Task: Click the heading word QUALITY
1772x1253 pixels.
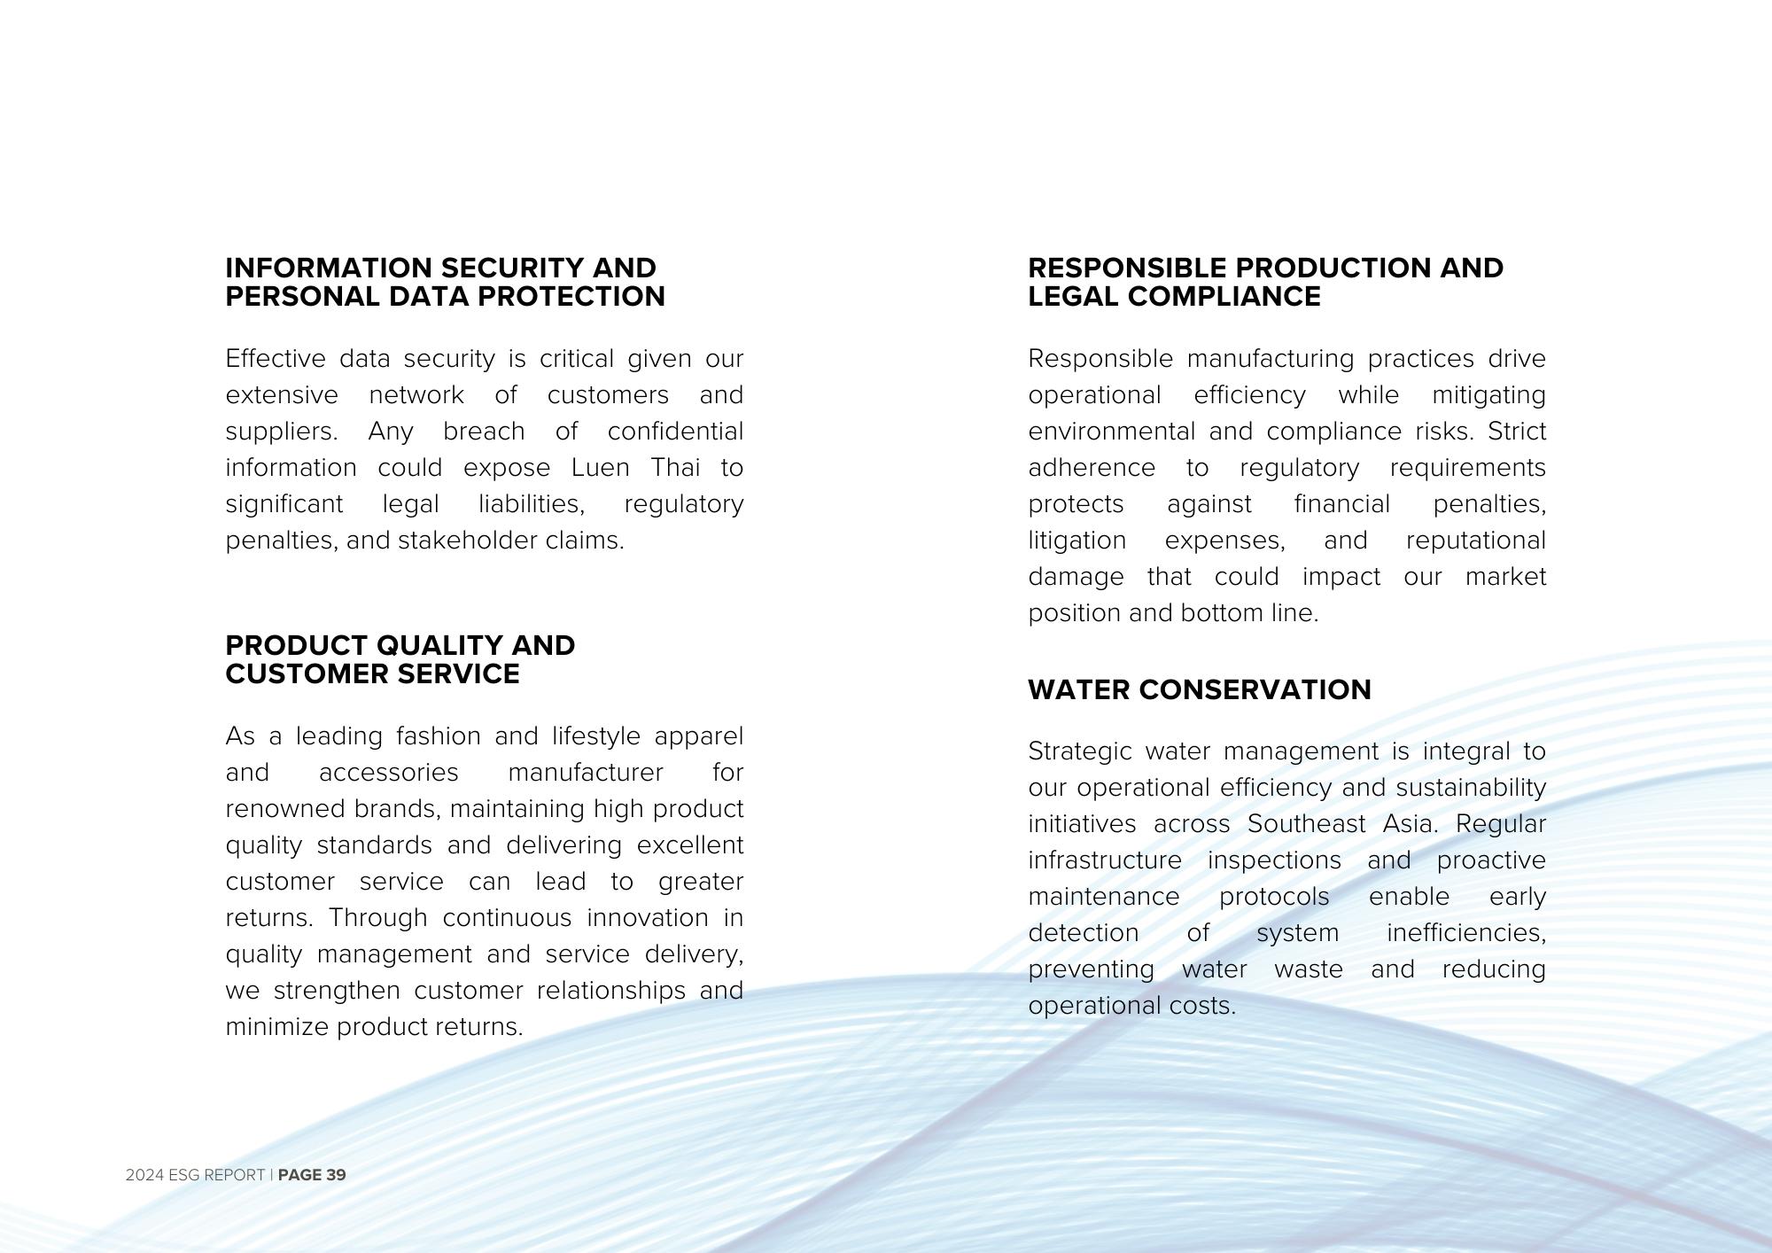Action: click(x=438, y=646)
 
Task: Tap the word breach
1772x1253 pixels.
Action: click(x=484, y=432)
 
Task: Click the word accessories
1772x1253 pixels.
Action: click(x=388, y=773)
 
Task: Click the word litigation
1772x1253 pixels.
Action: click(x=1076, y=541)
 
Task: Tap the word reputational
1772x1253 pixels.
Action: click(x=1475, y=541)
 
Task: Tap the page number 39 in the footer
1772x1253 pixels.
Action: click(x=336, y=1175)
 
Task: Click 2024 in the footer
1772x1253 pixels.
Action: click(x=144, y=1175)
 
